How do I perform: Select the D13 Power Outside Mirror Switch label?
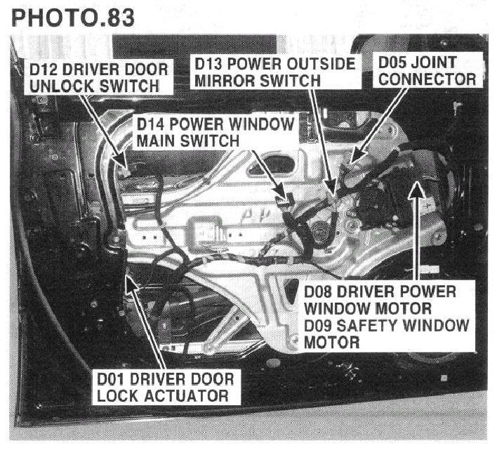point(274,72)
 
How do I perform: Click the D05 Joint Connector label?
point(427,70)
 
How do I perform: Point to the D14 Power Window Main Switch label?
point(216,132)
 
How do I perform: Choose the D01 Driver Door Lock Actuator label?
point(166,388)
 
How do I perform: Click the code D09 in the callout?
point(317,325)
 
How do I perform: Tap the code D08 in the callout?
point(317,292)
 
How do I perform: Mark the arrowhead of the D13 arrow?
point(331,187)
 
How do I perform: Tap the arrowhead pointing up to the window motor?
point(417,191)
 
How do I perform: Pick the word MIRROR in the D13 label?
point(224,81)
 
